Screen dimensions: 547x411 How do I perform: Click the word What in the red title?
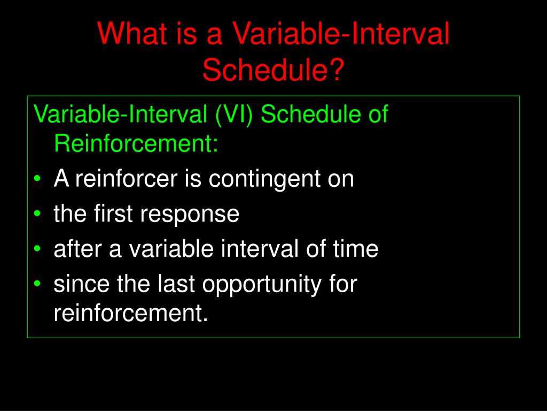point(132,34)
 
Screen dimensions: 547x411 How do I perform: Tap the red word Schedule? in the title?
point(273,70)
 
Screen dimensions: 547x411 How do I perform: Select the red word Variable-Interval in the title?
point(341,34)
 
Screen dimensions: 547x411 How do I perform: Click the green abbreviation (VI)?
point(234,114)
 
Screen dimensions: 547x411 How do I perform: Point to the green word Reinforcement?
point(136,143)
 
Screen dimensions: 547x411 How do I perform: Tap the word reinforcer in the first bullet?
point(127,178)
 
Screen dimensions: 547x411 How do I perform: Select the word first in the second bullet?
point(113,213)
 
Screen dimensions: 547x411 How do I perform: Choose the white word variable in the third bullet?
point(171,248)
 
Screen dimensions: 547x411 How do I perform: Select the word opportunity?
point(262,285)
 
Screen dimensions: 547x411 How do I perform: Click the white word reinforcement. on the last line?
point(131,313)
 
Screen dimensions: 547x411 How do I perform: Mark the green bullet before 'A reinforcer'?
point(37,179)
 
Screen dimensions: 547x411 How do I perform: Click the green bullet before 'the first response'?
point(37,214)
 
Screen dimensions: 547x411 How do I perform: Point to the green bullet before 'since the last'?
point(37,284)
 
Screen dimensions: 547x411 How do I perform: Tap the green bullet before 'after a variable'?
point(37,248)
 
